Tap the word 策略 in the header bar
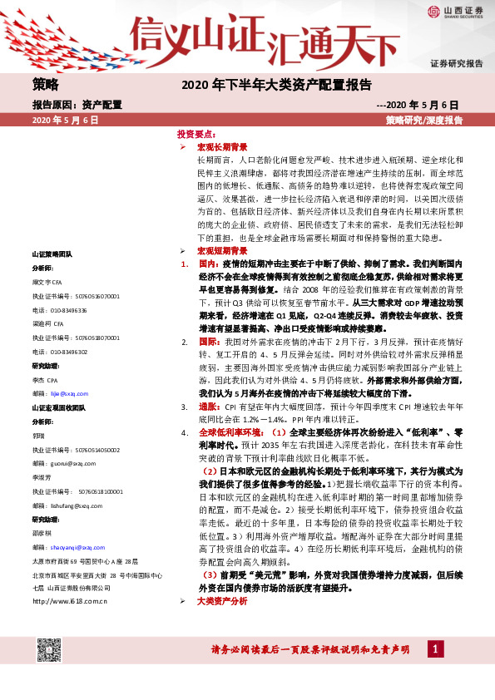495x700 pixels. click(x=46, y=84)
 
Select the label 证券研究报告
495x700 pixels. click(x=456, y=64)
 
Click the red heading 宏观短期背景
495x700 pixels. click(x=222, y=250)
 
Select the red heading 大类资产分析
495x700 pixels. click(x=222, y=624)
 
